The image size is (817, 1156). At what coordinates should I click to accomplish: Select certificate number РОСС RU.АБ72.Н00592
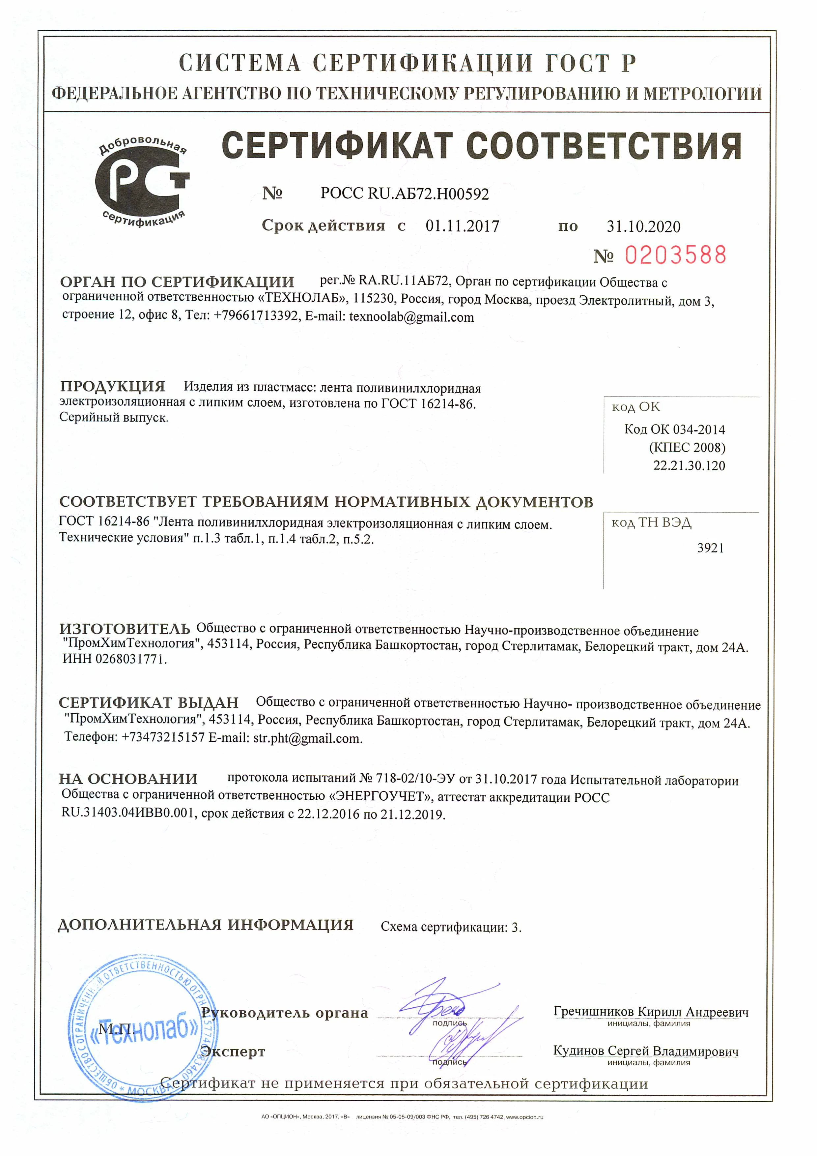(x=405, y=194)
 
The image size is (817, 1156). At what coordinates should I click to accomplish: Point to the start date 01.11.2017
(x=462, y=226)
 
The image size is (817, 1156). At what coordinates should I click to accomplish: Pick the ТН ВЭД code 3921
(x=710, y=548)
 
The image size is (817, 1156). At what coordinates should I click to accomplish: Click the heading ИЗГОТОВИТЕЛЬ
(x=125, y=629)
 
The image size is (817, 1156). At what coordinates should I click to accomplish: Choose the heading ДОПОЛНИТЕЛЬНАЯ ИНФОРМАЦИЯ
(x=205, y=925)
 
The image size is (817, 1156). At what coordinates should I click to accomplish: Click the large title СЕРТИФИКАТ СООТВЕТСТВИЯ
(x=481, y=146)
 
